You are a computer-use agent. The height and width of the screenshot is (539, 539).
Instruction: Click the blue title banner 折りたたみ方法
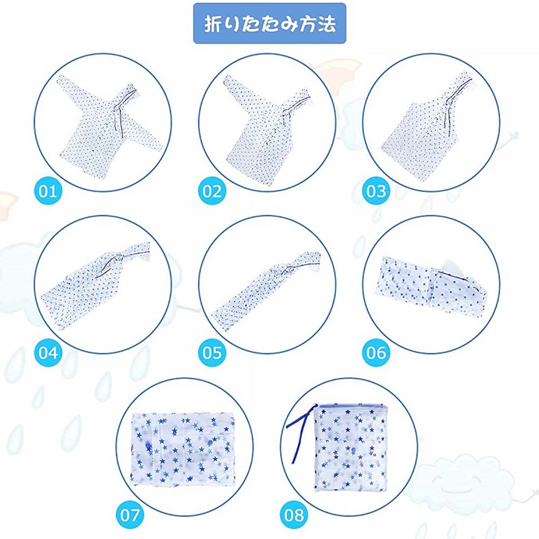point(269,23)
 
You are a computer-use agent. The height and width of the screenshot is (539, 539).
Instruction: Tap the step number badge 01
point(48,191)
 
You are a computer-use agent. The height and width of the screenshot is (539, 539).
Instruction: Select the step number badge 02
point(212,191)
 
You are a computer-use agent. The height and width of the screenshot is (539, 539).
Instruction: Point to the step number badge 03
point(376,191)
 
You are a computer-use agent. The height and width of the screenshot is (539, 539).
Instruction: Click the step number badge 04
point(48,353)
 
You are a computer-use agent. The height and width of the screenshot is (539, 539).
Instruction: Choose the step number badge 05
point(212,353)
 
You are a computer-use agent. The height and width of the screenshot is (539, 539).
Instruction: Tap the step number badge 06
point(376,353)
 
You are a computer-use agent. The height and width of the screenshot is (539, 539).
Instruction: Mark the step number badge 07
point(130,515)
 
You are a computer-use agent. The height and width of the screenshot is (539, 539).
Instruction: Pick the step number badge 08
point(294,515)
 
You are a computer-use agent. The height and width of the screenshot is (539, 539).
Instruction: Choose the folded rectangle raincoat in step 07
point(184,450)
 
